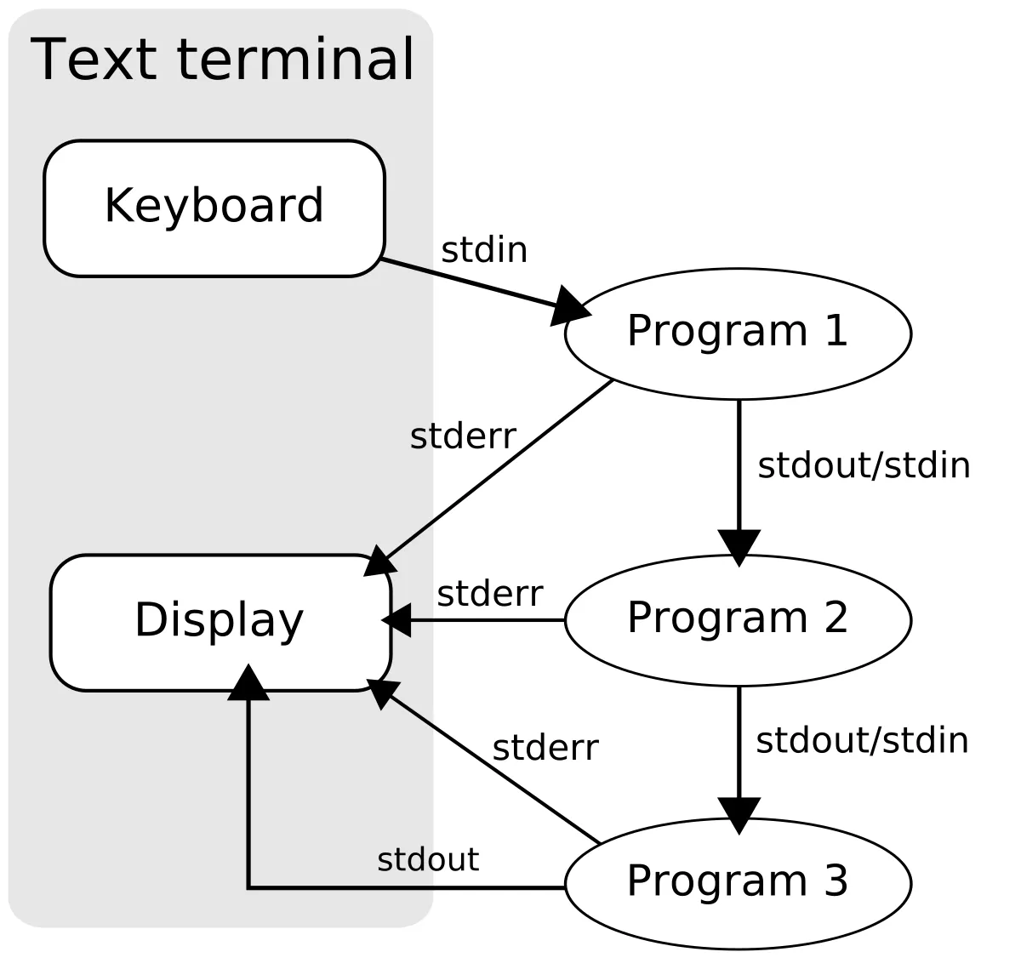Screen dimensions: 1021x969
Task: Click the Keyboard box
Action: pos(214,208)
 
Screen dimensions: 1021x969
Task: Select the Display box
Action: pos(220,622)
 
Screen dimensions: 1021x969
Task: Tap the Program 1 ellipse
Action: pos(737,333)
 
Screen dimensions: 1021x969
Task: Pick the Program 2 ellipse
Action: pos(737,619)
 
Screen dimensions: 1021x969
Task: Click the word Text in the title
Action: pos(94,60)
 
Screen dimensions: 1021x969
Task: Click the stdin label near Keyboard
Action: pos(483,250)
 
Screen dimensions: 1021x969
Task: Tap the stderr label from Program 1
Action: pos(463,436)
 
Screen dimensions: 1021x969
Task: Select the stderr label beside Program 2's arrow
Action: pos(490,594)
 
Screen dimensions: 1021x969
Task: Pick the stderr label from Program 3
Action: pos(545,748)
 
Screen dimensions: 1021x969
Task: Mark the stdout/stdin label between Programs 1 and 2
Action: pos(864,465)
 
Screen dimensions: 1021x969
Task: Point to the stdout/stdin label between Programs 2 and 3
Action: pos(862,740)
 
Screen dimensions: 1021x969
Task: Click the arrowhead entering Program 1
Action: pos(568,306)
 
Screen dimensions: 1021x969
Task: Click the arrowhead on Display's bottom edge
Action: pos(248,681)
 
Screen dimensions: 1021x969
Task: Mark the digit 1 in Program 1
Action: pos(836,330)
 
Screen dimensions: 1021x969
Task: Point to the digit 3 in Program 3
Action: pos(836,881)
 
